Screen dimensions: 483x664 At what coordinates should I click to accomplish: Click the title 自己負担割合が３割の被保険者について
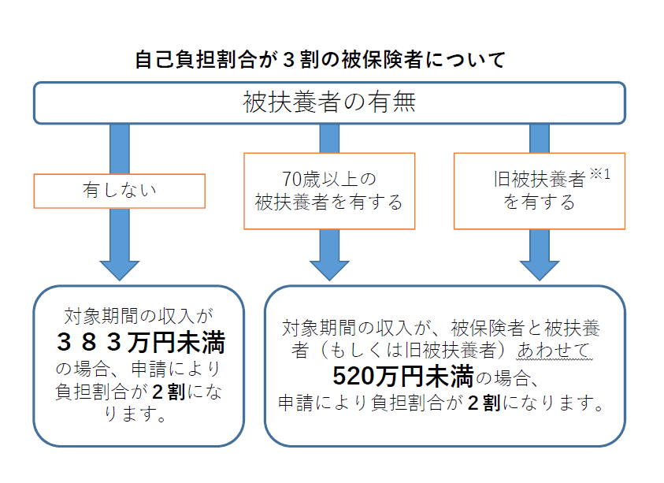click(320, 60)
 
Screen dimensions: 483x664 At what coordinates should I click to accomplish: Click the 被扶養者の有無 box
click(329, 103)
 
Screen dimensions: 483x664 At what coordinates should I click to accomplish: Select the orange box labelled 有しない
click(120, 191)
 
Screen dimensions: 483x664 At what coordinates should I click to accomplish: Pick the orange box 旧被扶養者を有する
click(540, 191)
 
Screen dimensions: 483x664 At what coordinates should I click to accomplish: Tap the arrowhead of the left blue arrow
click(120, 266)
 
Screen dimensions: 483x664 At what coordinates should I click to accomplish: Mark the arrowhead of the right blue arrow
click(540, 266)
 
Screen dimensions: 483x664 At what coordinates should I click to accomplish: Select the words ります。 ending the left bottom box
click(135, 414)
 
